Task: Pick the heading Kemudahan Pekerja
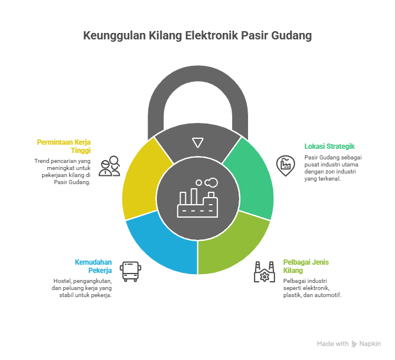point(93,266)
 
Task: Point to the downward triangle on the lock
point(197,142)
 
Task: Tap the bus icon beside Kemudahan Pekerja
point(130,272)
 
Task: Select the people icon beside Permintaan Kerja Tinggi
point(110,166)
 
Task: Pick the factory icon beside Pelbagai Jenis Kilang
point(265,272)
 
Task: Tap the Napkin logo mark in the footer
point(354,344)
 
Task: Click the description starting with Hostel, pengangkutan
point(82,288)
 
